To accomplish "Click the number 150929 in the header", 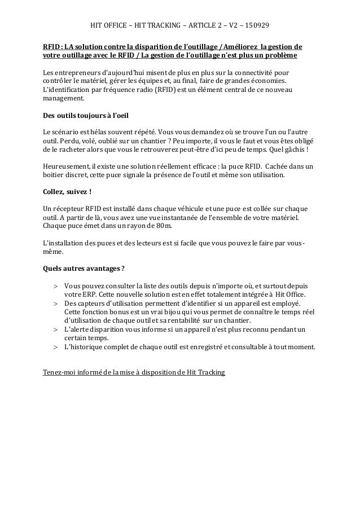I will click(256, 26).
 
